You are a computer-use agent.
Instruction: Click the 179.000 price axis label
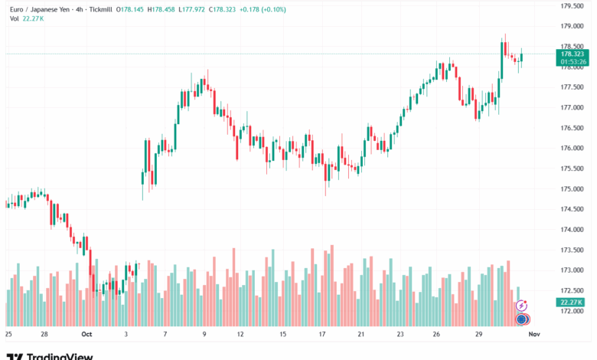pyautogui.click(x=573, y=26)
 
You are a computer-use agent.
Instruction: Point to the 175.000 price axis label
pyautogui.click(x=573, y=189)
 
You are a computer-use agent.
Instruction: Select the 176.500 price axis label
pyautogui.click(x=573, y=128)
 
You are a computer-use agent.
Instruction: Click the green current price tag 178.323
pyautogui.click(x=573, y=54)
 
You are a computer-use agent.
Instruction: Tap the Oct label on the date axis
pyautogui.click(x=86, y=335)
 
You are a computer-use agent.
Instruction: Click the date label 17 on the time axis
pyautogui.click(x=323, y=335)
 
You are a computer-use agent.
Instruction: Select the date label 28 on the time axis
pyautogui.click(x=45, y=335)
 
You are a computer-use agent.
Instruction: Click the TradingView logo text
pyautogui.click(x=60, y=355)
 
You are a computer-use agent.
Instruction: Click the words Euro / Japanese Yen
pyautogui.click(x=35, y=8)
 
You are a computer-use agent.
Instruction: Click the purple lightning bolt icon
pyautogui.click(x=522, y=305)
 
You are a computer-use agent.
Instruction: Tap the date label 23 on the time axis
pyautogui.click(x=400, y=335)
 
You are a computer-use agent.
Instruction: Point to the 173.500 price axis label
pyautogui.click(x=573, y=250)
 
